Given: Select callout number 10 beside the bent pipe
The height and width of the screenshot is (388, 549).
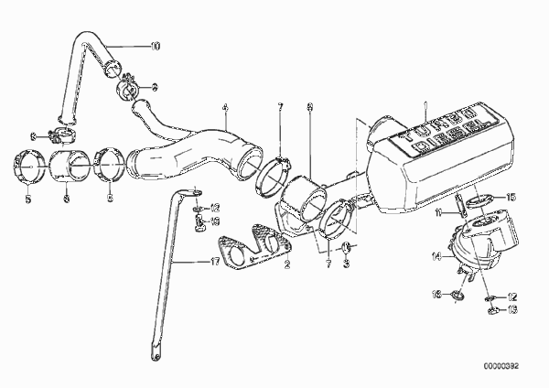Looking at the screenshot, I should pos(155,45).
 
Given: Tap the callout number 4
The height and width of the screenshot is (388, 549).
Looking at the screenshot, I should pos(224,107).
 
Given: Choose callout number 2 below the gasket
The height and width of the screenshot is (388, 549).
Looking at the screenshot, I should pos(287,266).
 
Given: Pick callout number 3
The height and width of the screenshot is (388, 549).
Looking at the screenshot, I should pos(346,266).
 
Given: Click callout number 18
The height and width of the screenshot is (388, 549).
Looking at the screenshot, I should pos(216,221).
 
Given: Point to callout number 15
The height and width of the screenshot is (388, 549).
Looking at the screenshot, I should pos(511,197).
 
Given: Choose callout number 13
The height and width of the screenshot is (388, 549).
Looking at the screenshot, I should pos(512,310).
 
